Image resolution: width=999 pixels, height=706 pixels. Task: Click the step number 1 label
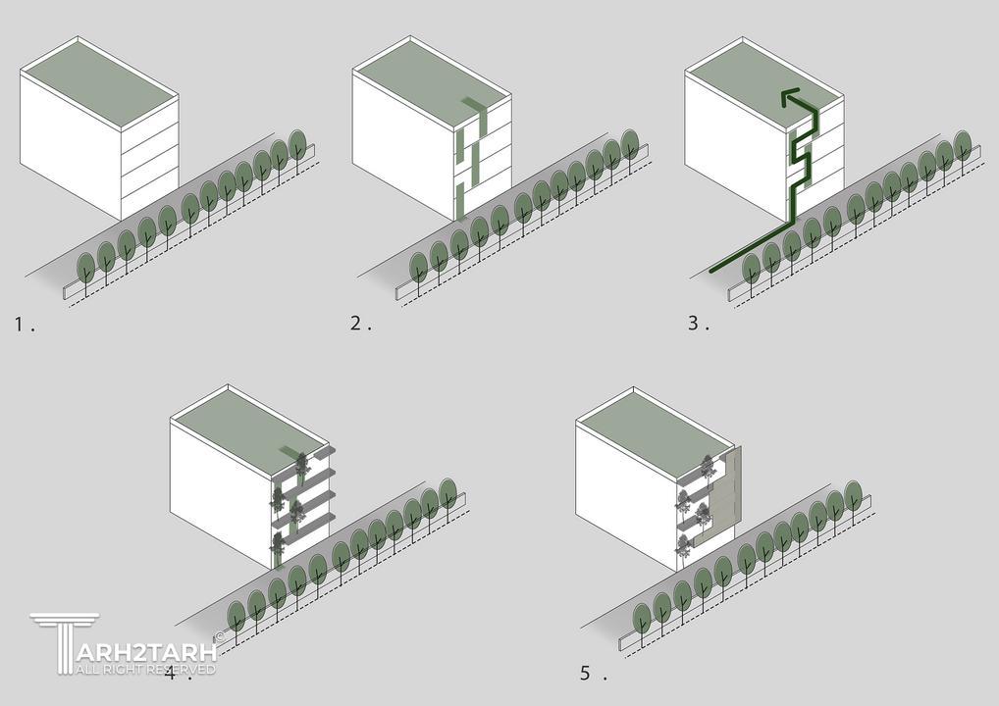point(25,325)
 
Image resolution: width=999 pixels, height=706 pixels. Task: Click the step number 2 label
point(360,324)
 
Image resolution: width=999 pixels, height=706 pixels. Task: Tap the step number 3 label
point(699,324)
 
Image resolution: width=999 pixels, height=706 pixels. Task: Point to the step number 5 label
point(593,673)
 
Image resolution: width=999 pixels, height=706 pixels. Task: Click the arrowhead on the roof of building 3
point(790,97)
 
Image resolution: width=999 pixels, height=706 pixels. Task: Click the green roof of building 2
point(432,82)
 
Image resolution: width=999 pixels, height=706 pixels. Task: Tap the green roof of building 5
point(654,432)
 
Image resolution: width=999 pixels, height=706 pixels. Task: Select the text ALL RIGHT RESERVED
point(146,669)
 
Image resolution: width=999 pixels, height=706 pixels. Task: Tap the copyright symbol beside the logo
point(220,635)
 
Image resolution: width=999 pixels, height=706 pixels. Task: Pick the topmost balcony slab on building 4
point(310,457)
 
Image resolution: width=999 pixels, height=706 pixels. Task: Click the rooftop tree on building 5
point(707,466)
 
